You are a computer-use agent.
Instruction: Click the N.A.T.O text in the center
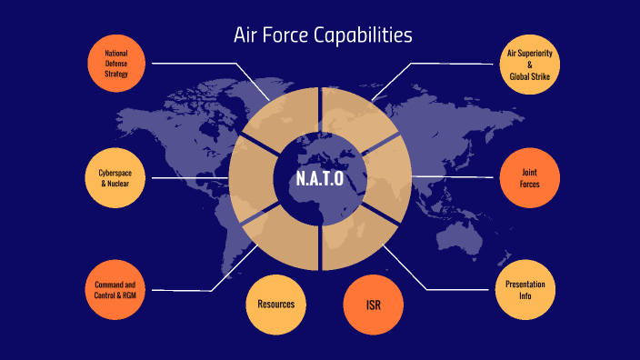point(320,178)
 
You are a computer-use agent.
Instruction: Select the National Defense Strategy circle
point(116,65)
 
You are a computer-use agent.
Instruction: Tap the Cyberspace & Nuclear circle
point(116,177)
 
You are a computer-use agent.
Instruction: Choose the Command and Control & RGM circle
point(116,290)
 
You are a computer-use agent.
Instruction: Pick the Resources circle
point(275,304)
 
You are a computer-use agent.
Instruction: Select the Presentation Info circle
point(525,289)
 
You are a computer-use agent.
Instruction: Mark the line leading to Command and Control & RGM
point(182,290)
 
